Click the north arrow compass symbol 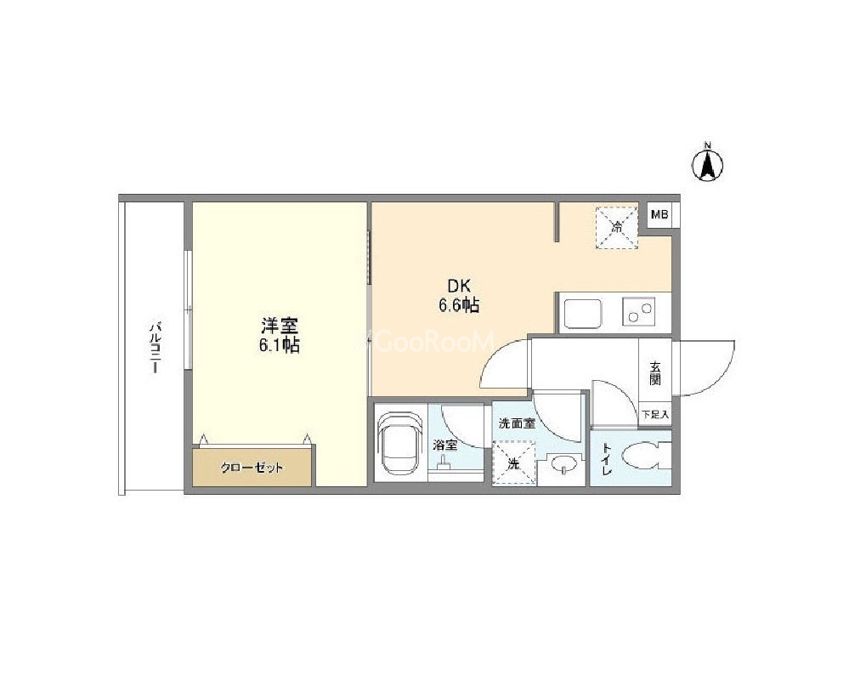(x=707, y=162)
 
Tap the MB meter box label (x=659, y=214)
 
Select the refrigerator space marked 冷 (x=616, y=228)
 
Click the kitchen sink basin (x=583, y=313)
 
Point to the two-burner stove (x=638, y=311)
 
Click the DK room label (x=459, y=286)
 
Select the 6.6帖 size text (x=459, y=305)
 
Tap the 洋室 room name (x=280, y=326)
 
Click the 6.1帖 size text (x=280, y=346)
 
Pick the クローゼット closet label (x=252, y=468)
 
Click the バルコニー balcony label (x=156, y=348)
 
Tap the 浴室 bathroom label (x=445, y=445)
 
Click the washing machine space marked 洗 (x=513, y=463)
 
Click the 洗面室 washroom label (x=517, y=423)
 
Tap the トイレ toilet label (x=607, y=459)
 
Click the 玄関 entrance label (x=655, y=373)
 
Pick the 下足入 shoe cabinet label (x=656, y=415)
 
